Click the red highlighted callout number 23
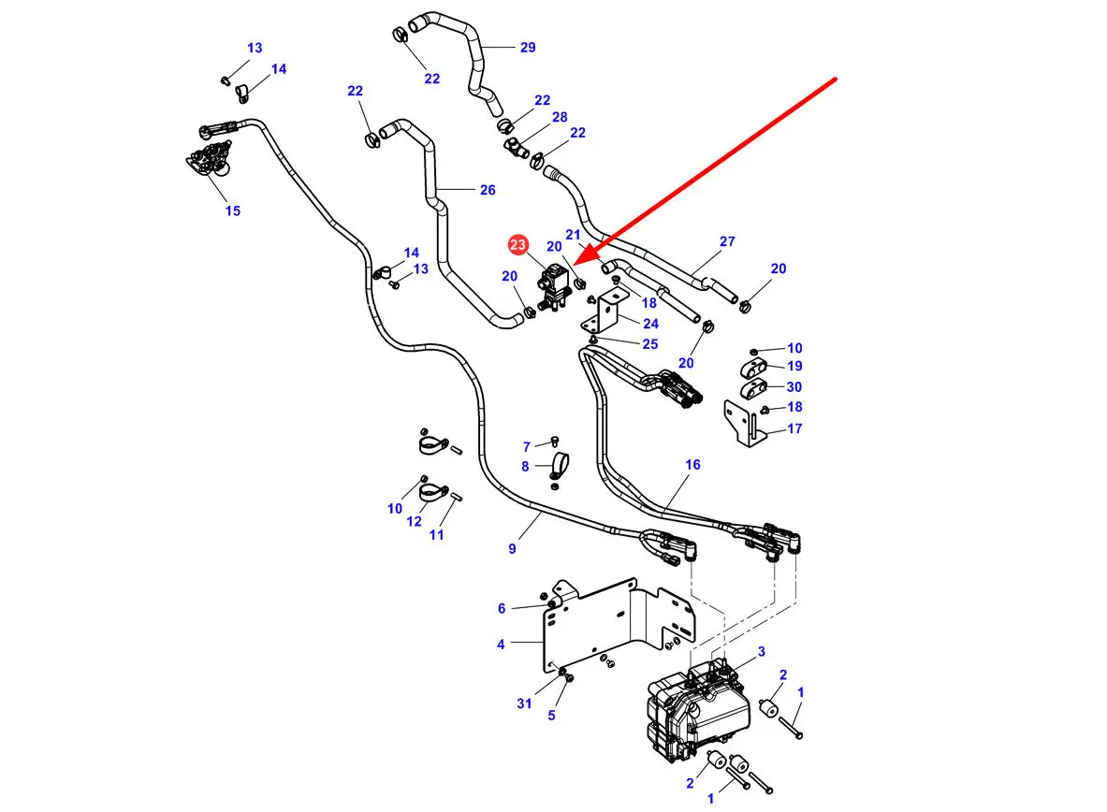pos(517,245)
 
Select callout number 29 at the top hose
pos(528,48)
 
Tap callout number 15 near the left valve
pos(232,210)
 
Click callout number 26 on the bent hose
pos(488,190)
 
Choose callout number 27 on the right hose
pos(727,241)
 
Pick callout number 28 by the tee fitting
pos(560,117)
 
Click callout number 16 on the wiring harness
pos(692,465)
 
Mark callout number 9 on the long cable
pos(512,549)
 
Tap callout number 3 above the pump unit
pos(762,651)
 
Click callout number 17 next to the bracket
pos(794,429)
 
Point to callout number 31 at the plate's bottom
pos(524,703)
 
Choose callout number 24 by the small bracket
pos(650,324)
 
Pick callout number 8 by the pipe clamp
pos(525,466)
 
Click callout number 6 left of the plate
pos(502,609)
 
